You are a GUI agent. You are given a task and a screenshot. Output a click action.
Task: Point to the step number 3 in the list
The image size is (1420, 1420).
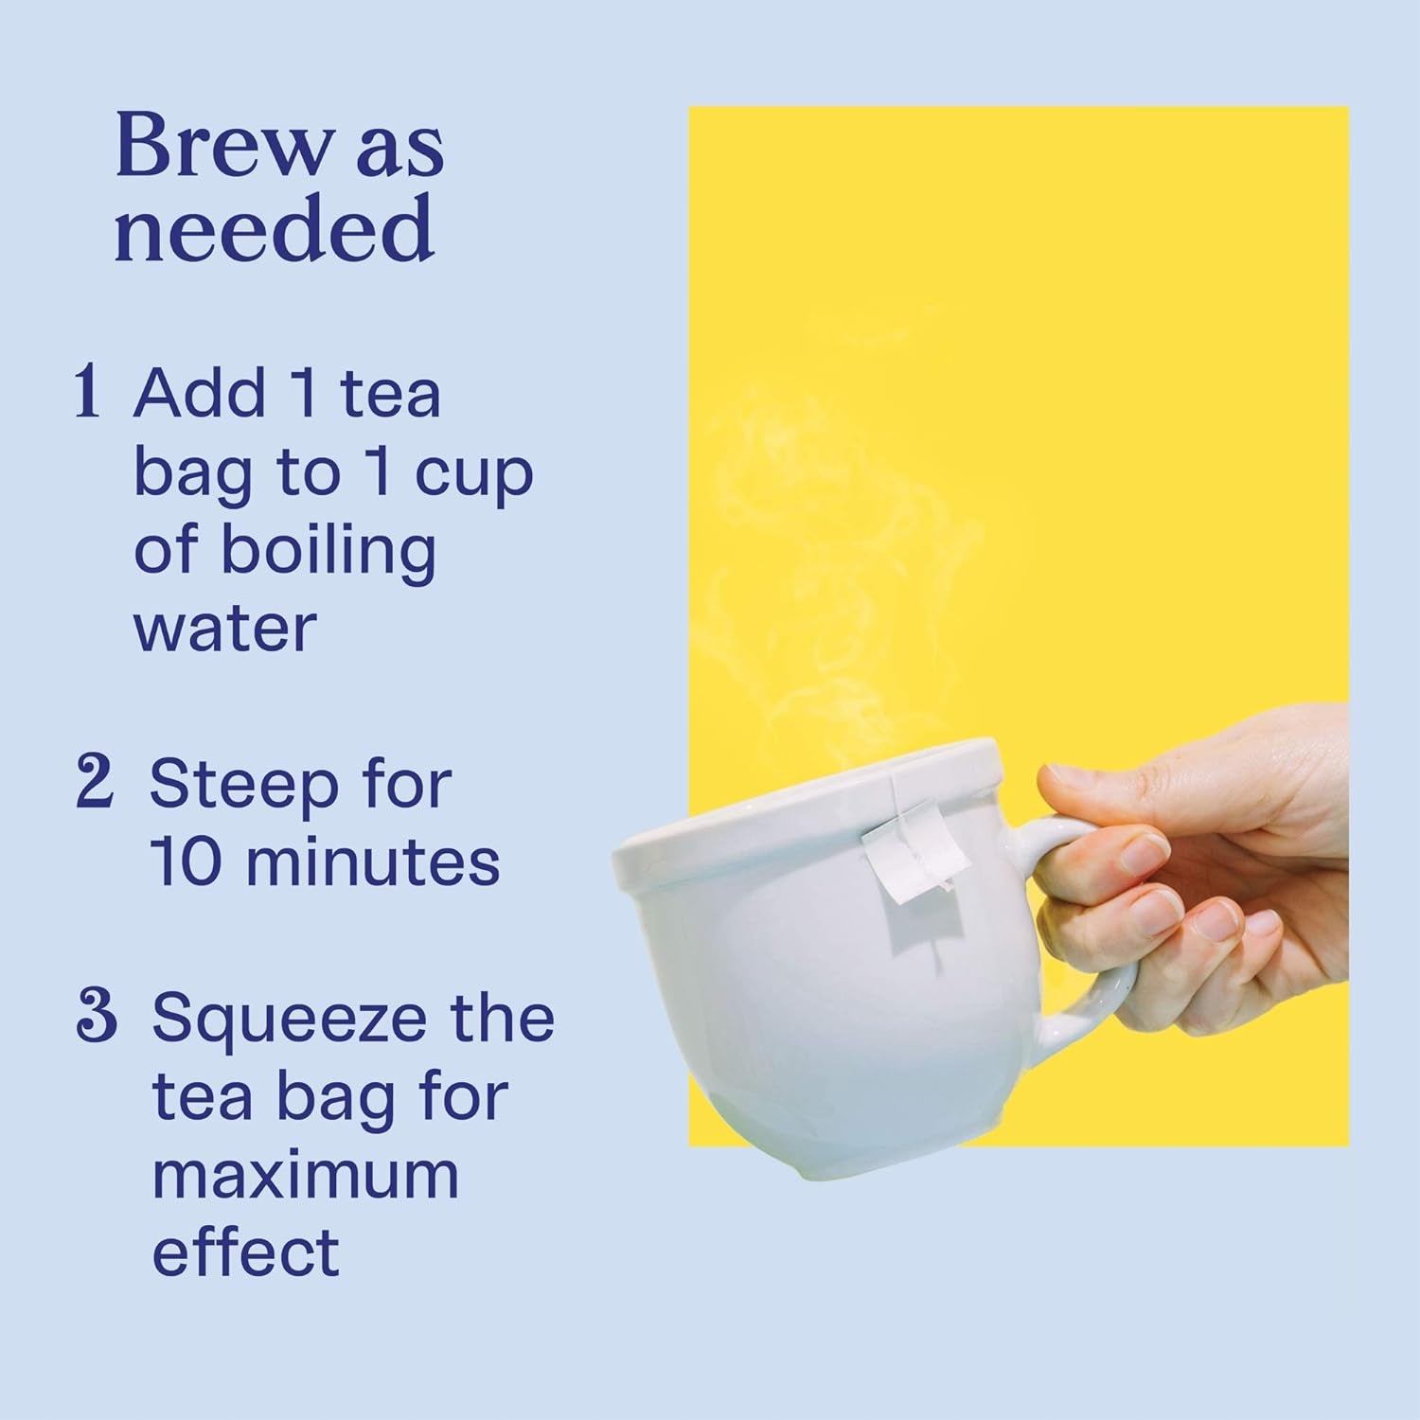pos(96,1016)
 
